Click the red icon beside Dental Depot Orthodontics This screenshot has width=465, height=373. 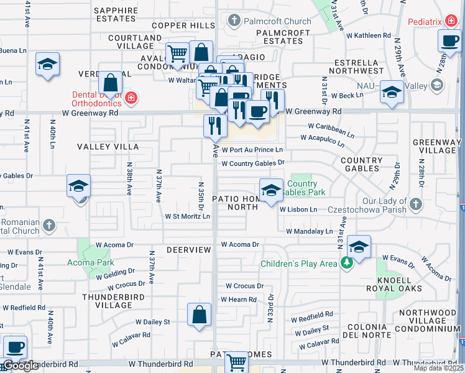point(131,98)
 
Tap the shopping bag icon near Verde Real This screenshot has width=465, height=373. point(110,83)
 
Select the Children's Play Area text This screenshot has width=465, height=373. point(298,264)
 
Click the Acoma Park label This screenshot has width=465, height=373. point(90,262)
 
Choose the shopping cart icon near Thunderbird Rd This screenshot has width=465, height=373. point(236,361)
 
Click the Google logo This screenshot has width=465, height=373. point(20,366)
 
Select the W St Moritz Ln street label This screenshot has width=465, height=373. point(187,216)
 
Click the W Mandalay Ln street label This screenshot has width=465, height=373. point(309,231)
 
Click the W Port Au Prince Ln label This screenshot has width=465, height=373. point(252,150)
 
